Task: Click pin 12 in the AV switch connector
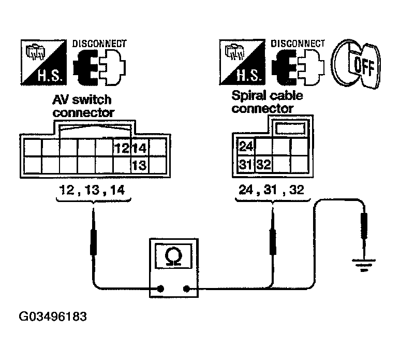(x=122, y=149)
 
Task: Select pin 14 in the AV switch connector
(x=139, y=149)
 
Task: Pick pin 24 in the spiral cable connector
(x=246, y=147)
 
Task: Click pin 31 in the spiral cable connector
(x=246, y=165)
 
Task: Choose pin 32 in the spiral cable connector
(x=264, y=165)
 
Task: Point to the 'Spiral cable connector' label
(x=267, y=102)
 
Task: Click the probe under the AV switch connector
(x=94, y=240)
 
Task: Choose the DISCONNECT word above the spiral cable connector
(x=299, y=44)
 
